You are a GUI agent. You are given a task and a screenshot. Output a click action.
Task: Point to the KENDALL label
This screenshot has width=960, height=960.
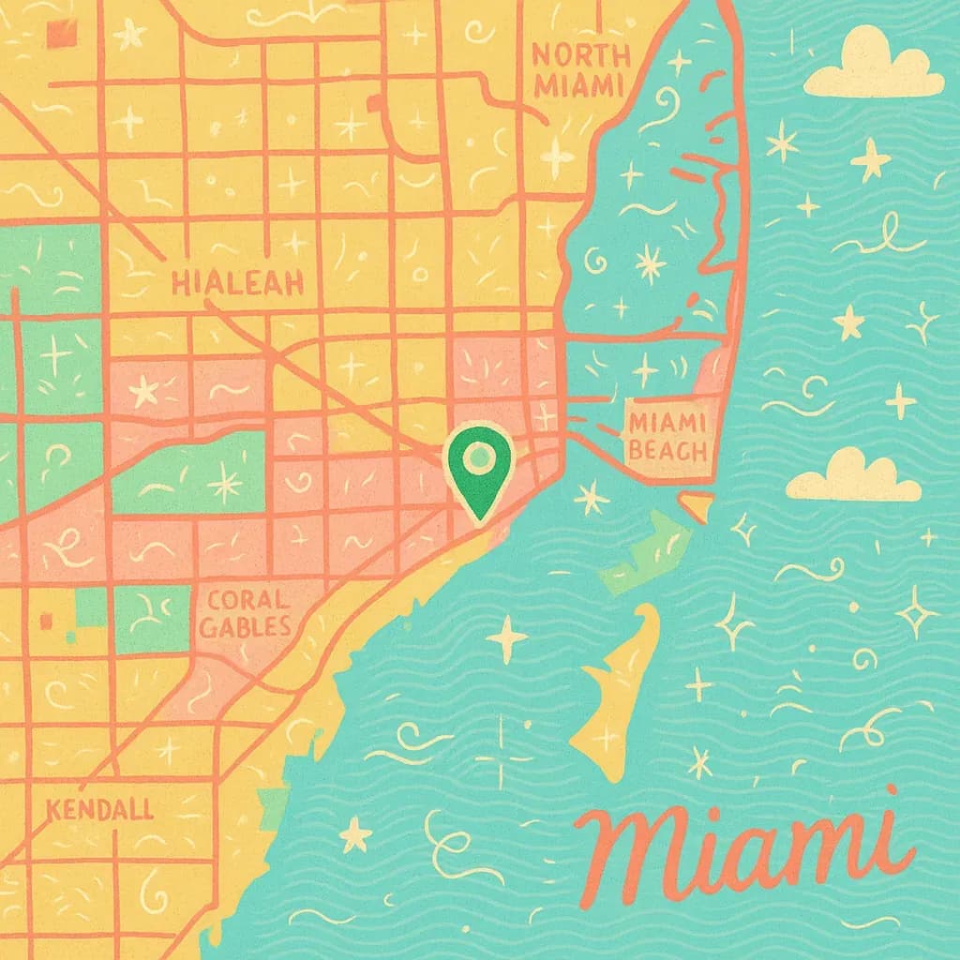click(99, 809)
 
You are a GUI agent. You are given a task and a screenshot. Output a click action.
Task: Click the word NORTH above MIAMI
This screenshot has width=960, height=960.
click(575, 54)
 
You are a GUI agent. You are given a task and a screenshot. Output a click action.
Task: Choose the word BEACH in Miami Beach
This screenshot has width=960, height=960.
click(667, 451)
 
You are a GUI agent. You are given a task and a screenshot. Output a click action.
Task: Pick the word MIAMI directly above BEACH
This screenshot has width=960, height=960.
click(667, 423)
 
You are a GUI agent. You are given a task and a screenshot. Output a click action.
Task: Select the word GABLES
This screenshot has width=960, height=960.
click(246, 627)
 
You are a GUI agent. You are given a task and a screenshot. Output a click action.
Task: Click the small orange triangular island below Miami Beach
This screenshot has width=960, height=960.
click(697, 507)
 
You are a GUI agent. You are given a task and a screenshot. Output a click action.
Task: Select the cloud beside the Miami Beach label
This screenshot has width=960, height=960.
click(851, 477)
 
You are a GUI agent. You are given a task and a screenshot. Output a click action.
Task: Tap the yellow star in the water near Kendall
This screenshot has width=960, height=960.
click(355, 833)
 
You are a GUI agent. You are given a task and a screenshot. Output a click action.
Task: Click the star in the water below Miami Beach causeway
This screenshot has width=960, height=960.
click(592, 497)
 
